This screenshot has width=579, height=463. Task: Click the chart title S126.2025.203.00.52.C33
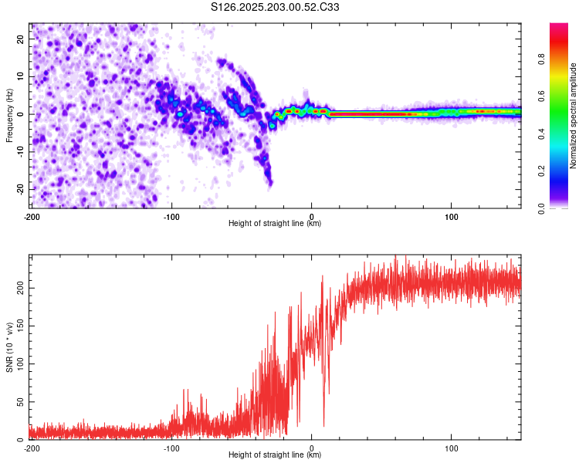coord(275,7)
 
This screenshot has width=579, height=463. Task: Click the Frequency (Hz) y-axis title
coord(9,116)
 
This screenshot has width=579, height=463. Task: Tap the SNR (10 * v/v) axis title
coord(9,347)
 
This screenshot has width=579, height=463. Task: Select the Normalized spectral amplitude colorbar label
coord(573,116)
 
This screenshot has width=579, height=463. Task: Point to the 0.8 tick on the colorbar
coord(542,59)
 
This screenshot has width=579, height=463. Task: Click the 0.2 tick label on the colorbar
coord(542,171)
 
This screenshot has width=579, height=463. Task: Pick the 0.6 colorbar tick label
coord(542,96)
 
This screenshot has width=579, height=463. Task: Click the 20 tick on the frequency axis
coord(21,39)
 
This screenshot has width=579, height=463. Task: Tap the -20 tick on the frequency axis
coord(21,189)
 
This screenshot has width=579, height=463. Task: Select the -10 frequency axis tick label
coord(21,152)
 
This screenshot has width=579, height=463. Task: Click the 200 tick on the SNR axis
coord(21,288)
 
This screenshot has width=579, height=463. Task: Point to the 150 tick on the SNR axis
coord(21,326)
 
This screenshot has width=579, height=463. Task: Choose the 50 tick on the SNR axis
coord(21,402)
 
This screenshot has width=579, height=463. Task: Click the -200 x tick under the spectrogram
coord(32,217)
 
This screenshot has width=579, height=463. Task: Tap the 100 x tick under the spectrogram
coord(452,217)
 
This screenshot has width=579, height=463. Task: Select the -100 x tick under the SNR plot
coord(171,448)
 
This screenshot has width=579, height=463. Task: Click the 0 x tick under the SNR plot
coord(312,448)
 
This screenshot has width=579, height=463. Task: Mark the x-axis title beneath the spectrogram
coord(275,223)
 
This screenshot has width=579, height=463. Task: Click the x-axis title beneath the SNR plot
coord(275,455)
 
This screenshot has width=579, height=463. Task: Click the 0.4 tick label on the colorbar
coord(542,133)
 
